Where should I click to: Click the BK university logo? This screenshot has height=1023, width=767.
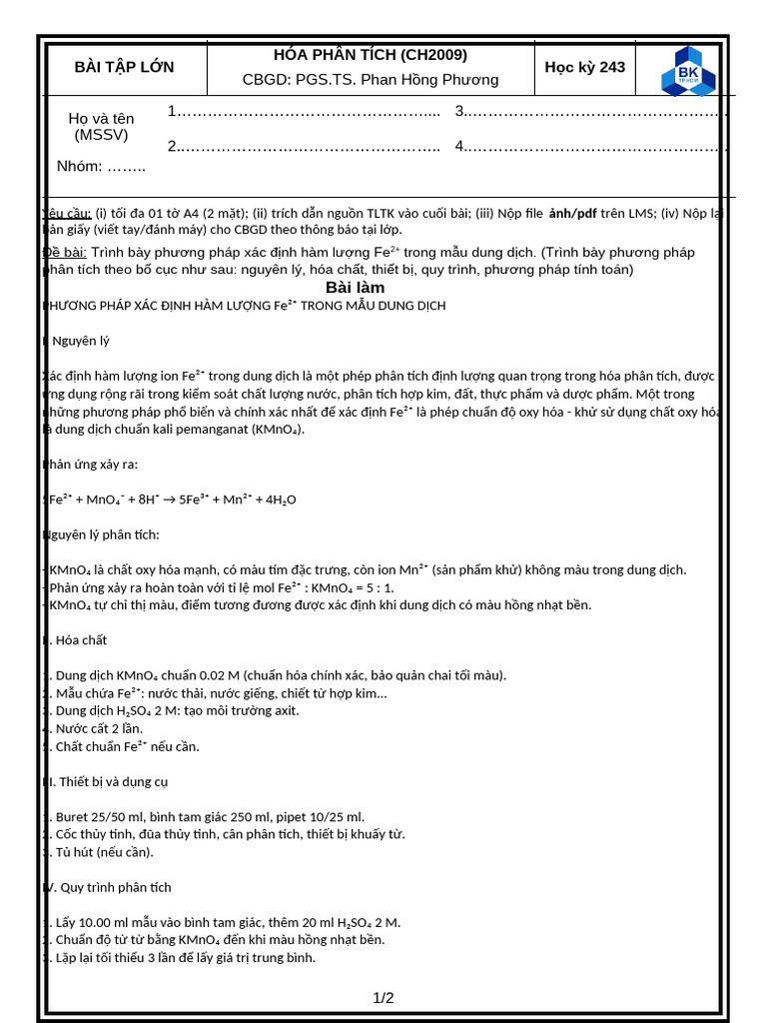[x=688, y=71]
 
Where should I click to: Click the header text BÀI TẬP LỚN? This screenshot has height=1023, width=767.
[x=124, y=67]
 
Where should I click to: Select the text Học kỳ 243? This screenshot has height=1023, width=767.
[x=584, y=67]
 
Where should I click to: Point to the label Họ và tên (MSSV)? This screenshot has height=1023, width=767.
[x=101, y=126]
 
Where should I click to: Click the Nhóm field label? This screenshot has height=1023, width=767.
[x=80, y=166]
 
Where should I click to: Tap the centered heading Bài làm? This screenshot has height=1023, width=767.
[x=355, y=288]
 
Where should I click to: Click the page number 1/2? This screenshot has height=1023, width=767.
[x=383, y=997]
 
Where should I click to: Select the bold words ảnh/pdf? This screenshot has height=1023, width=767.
[x=572, y=213]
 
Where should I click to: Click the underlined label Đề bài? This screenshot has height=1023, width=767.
[x=66, y=252]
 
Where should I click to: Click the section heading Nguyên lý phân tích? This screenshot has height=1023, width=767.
[x=102, y=534]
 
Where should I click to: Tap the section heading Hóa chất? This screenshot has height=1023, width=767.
[x=80, y=640]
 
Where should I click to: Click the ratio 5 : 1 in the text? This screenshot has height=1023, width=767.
[x=376, y=587]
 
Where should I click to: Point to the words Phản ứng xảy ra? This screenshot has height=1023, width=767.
[x=91, y=464]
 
